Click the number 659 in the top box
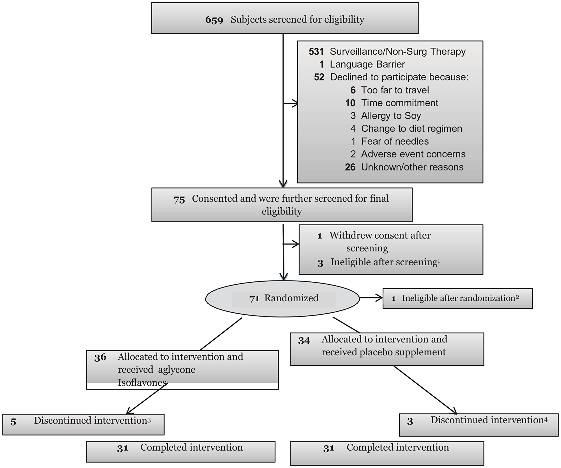(x=214, y=20)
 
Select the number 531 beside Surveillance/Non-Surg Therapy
(x=316, y=52)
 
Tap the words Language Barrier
(x=367, y=64)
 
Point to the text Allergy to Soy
(x=391, y=116)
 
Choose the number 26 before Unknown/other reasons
(x=350, y=167)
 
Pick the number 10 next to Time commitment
(x=350, y=103)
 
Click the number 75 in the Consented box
(x=179, y=200)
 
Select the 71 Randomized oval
(x=282, y=298)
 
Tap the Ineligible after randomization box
(x=457, y=298)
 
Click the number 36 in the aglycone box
(x=100, y=357)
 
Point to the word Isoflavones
(x=142, y=383)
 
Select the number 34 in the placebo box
(x=304, y=341)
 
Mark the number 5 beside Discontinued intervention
(x=13, y=422)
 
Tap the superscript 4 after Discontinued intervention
(x=546, y=420)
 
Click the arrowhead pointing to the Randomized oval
(x=284, y=277)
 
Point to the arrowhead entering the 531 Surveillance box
(x=295, y=103)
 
